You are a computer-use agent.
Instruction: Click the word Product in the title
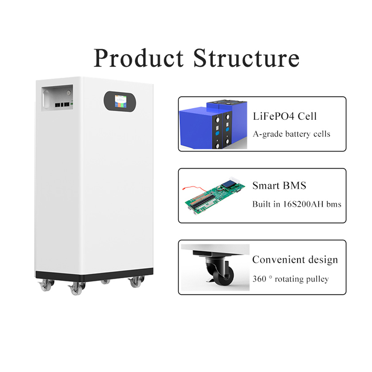pyautogui.click(x=139, y=58)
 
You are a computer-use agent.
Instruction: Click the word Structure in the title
pyautogui.click(x=247, y=58)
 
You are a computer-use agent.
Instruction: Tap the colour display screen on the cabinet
pyautogui.click(x=121, y=101)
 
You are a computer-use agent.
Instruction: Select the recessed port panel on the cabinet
pyautogui.click(x=57, y=97)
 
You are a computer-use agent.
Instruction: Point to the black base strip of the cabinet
pyautogui.click(x=94, y=275)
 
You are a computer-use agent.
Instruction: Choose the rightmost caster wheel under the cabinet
pyautogui.click(x=136, y=282)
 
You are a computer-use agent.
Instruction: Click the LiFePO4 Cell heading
pyautogui.click(x=285, y=116)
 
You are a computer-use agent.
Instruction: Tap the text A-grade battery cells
pyautogui.click(x=292, y=134)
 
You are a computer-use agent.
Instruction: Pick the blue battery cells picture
pyautogui.click(x=213, y=124)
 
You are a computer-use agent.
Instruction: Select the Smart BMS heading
pyautogui.click(x=279, y=186)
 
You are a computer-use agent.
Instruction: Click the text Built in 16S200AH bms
pyautogui.click(x=297, y=204)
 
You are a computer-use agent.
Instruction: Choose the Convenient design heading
pyautogui.click(x=295, y=260)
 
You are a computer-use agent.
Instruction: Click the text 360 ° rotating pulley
pyautogui.click(x=291, y=279)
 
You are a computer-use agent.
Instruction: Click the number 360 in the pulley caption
pyautogui.click(x=259, y=279)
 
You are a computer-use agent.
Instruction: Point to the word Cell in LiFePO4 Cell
pyautogui.click(x=307, y=116)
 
